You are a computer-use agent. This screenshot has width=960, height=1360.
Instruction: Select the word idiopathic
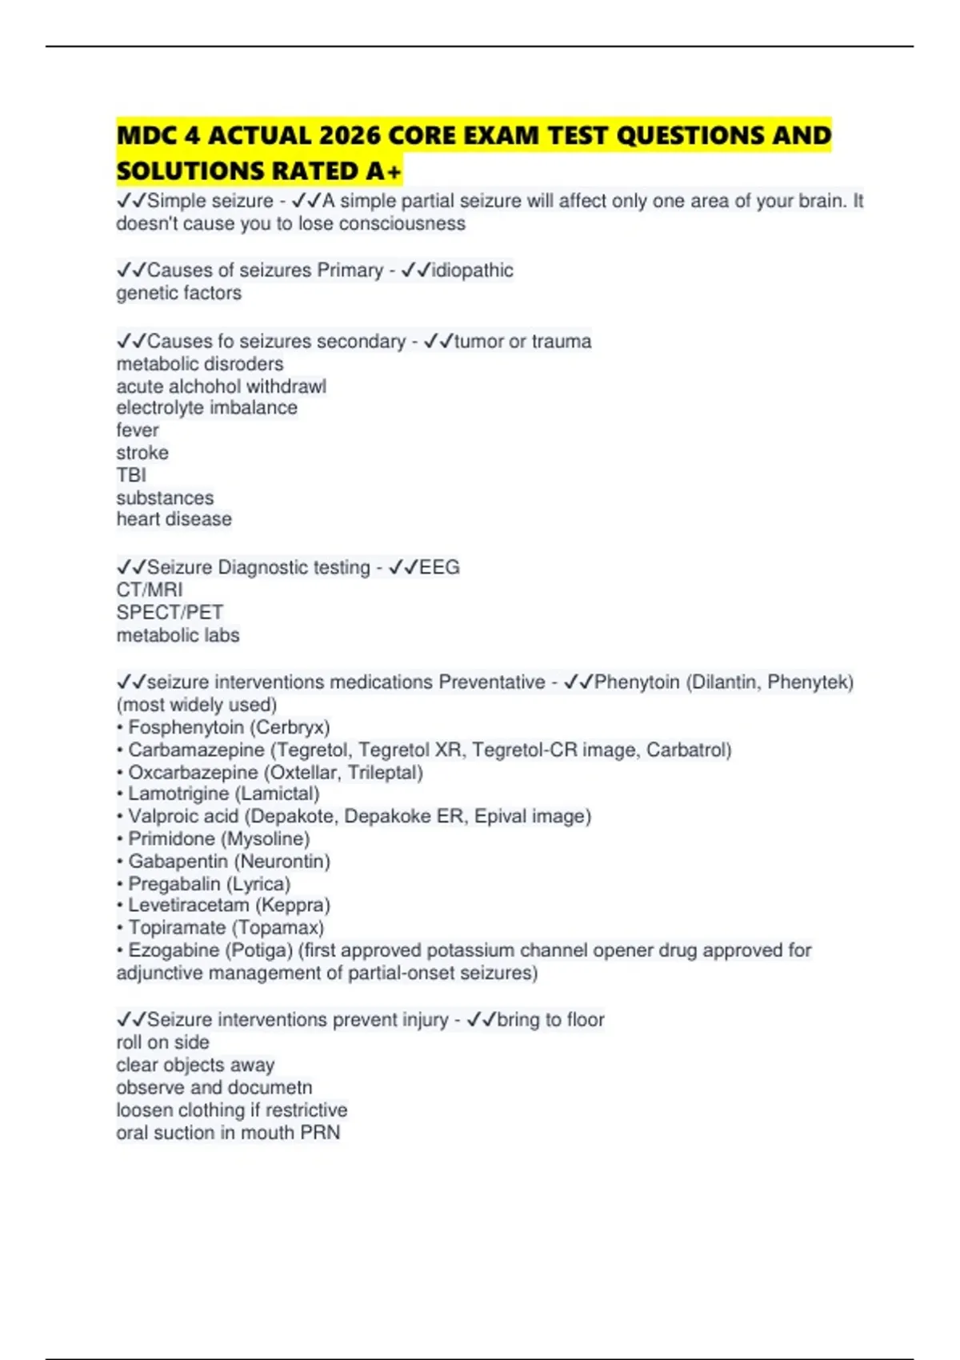(x=472, y=270)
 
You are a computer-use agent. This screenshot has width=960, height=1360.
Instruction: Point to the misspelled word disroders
(x=246, y=364)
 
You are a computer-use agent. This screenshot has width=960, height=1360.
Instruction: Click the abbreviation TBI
(x=131, y=475)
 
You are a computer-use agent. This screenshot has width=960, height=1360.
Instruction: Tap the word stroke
(x=142, y=453)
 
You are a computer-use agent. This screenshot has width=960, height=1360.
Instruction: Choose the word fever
(x=138, y=430)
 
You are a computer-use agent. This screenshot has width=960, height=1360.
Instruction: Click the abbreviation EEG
(x=439, y=567)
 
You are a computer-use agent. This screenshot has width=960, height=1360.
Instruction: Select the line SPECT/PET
(x=170, y=613)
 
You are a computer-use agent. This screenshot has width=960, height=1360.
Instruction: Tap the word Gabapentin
(x=178, y=862)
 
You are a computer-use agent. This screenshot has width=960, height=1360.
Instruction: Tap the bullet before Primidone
(x=120, y=839)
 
